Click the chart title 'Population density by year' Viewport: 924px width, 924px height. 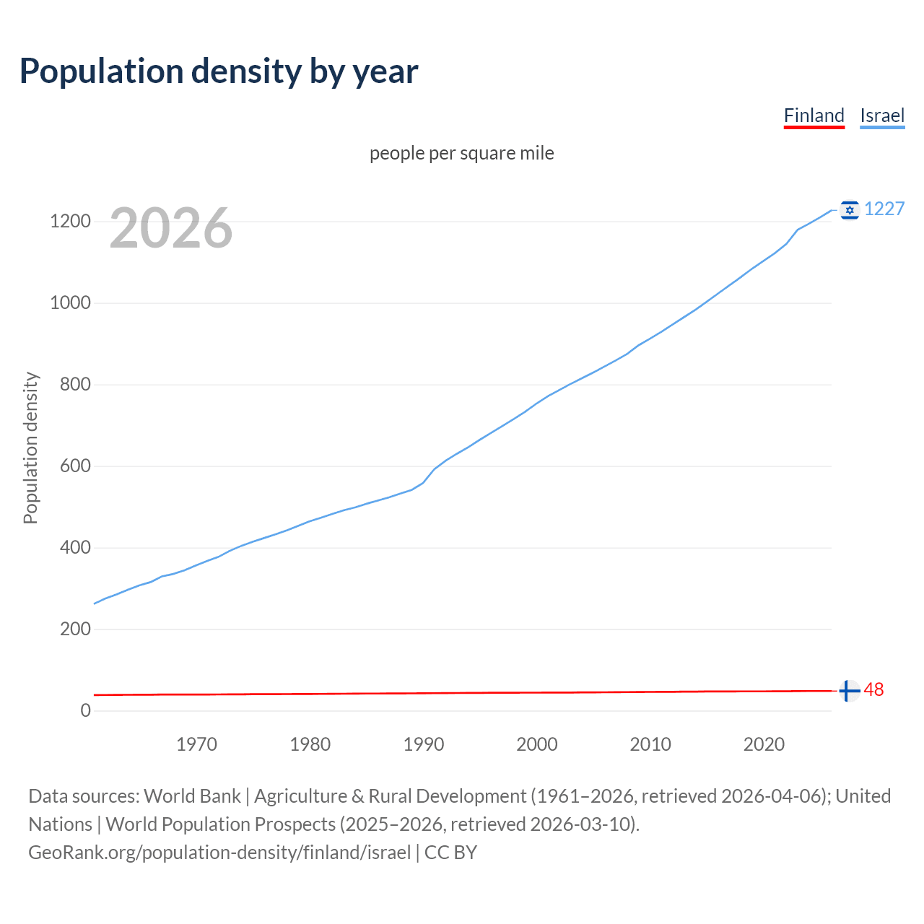[219, 71]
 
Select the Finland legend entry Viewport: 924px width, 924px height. [814, 115]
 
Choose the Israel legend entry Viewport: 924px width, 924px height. [882, 115]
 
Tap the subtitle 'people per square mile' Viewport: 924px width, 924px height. [461, 153]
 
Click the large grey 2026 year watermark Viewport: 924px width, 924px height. [171, 228]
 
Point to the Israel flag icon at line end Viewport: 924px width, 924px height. [850, 209]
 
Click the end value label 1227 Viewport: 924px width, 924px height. [884, 209]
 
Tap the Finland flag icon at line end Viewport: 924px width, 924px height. [850, 691]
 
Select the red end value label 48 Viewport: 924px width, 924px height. [873, 690]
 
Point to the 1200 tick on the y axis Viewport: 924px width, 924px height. [70, 221]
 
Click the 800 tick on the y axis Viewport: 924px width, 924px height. [75, 384]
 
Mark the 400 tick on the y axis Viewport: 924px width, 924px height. [75, 547]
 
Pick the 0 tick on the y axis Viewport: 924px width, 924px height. [86, 710]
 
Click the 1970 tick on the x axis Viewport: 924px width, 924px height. [196, 744]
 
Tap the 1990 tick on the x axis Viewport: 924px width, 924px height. [424, 744]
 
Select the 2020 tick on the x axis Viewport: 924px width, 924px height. [764, 744]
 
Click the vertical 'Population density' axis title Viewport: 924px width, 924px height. [30, 448]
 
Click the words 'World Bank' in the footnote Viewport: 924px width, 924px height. [192, 796]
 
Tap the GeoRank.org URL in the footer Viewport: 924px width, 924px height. [219, 853]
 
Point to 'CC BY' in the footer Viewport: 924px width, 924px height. [450, 853]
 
